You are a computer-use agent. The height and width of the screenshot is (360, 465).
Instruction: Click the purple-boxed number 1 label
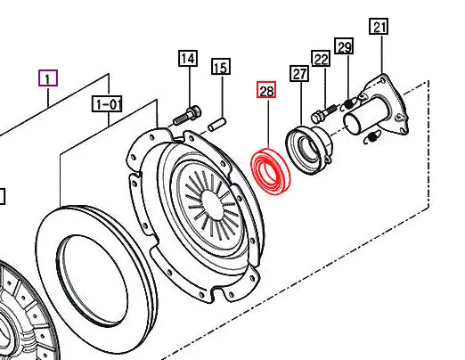48,78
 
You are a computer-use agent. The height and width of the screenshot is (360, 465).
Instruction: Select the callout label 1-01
108,104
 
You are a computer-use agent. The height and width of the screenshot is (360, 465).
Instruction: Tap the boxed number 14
187,60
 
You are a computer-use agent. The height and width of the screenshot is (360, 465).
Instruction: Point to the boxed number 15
220,67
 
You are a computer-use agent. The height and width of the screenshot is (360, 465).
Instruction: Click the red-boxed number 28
266,90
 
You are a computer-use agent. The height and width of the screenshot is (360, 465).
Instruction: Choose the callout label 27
299,76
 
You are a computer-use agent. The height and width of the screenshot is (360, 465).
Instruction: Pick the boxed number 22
321,60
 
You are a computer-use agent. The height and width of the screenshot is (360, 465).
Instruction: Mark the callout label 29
345,45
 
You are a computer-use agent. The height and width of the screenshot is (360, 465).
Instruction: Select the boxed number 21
379,27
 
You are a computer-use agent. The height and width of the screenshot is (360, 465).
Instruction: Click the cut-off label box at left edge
3,196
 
